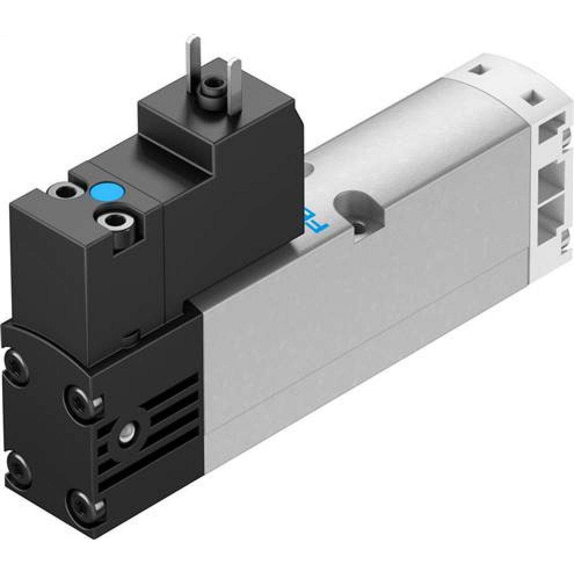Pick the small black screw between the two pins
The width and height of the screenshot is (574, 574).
point(211,86)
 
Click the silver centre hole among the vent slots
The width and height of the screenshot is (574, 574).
point(125,432)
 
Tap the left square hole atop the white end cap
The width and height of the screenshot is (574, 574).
point(476,71)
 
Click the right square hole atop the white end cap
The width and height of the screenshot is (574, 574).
point(533,94)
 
